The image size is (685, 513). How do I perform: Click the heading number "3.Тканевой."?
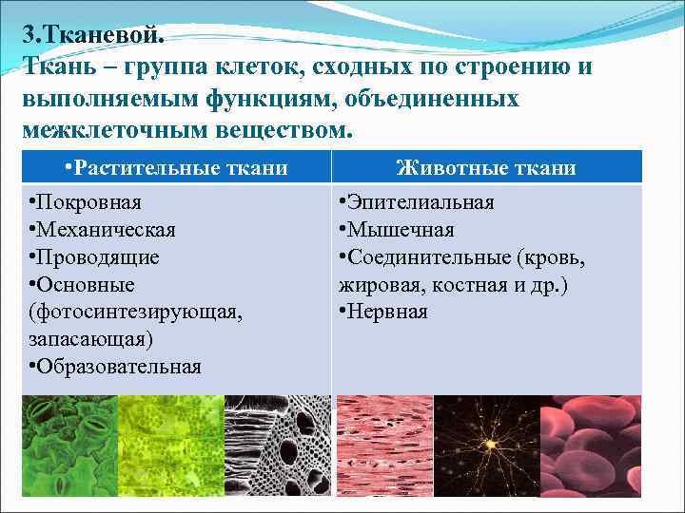(x=94, y=35)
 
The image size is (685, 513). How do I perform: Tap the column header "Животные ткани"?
(x=486, y=168)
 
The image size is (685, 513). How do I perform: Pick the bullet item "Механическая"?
(x=105, y=230)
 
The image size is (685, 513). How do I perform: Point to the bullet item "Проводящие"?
(x=97, y=257)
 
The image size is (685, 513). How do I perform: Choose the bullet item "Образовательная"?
(x=118, y=367)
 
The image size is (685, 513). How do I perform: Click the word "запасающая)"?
(x=91, y=339)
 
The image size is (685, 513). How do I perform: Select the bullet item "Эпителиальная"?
(x=419, y=202)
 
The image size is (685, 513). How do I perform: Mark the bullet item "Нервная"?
(x=386, y=312)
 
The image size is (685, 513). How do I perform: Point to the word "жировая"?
(x=376, y=285)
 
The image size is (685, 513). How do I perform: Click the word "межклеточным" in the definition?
(x=104, y=128)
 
